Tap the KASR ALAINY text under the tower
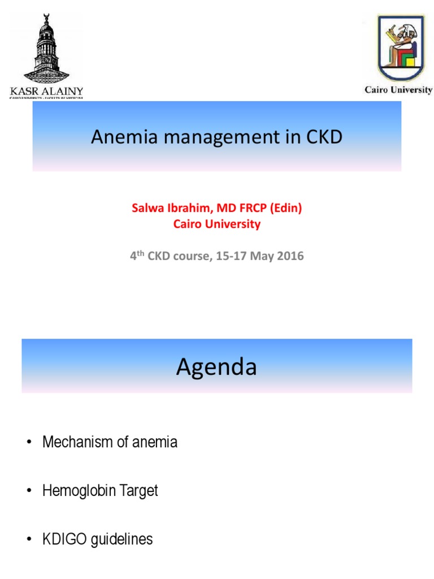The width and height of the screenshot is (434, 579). pyautogui.click(x=47, y=90)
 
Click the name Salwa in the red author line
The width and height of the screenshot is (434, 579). pyautogui.click(x=146, y=208)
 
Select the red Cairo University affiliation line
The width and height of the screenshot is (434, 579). pyautogui.click(x=217, y=224)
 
